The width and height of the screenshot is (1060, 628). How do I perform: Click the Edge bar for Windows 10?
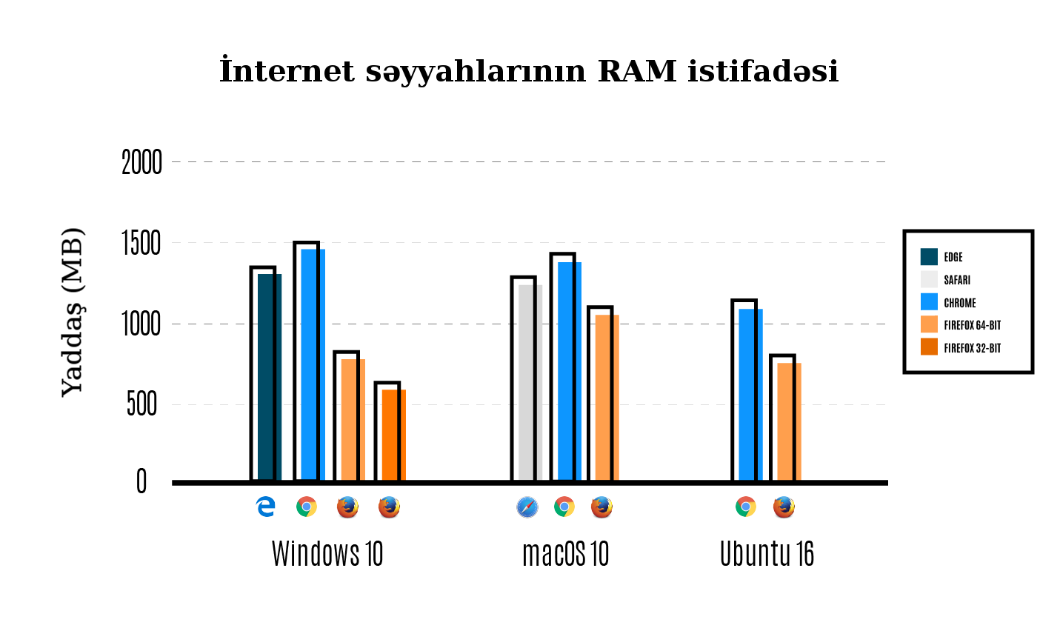point(269,378)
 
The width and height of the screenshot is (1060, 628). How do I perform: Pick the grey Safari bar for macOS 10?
point(530,383)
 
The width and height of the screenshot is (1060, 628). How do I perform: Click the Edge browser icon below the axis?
point(265,507)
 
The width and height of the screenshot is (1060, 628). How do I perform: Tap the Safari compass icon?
point(527,507)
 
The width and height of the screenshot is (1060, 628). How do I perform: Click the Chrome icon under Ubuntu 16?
point(746,507)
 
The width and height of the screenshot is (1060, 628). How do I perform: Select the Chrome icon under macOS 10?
point(564,507)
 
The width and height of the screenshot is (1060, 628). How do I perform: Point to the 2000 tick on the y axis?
point(141,162)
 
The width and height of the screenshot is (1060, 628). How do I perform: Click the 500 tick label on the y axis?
point(141,405)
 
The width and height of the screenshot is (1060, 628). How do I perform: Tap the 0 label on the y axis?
point(141,482)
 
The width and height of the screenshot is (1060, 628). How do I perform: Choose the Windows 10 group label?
point(327,554)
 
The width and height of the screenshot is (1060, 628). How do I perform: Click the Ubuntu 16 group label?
point(767,554)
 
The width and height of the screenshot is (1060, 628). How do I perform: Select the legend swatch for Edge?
point(929,257)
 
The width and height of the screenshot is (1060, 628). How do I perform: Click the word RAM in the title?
point(637,72)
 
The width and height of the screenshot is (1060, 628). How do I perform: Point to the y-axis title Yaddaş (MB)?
point(72,312)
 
